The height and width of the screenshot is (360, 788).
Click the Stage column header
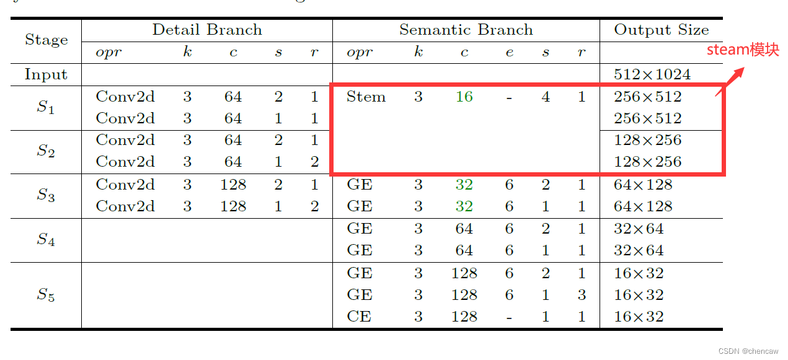click(x=46, y=40)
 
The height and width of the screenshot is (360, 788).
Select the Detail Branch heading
click(x=207, y=30)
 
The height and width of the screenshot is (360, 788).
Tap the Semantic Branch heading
click(x=466, y=30)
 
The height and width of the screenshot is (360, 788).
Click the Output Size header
click(x=661, y=30)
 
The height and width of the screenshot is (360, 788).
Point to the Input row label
click(x=46, y=75)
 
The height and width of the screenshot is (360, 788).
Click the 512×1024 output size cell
click(x=652, y=75)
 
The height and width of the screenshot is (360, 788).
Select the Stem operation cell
click(x=366, y=97)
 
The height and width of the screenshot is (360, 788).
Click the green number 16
click(x=464, y=97)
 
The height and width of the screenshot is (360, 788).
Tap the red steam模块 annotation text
click(x=743, y=50)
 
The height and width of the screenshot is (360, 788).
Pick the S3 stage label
click(x=46, y=195)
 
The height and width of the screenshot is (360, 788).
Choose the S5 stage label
click(x=46, y=295)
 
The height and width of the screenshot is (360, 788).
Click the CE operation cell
click(x=360, y=317)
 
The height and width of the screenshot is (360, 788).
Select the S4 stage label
click(x=46, y=240)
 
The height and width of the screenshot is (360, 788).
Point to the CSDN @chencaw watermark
click(x=748, y=351)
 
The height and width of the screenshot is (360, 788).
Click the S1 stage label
click(x=46, y=107)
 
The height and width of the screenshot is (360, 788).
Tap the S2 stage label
click(x=46, y=151)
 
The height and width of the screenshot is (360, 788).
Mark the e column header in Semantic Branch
click(x=509, y=53)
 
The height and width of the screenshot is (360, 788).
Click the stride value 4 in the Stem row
click(x=546, y=97)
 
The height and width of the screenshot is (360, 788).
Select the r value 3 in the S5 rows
click(x=581, y=295)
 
